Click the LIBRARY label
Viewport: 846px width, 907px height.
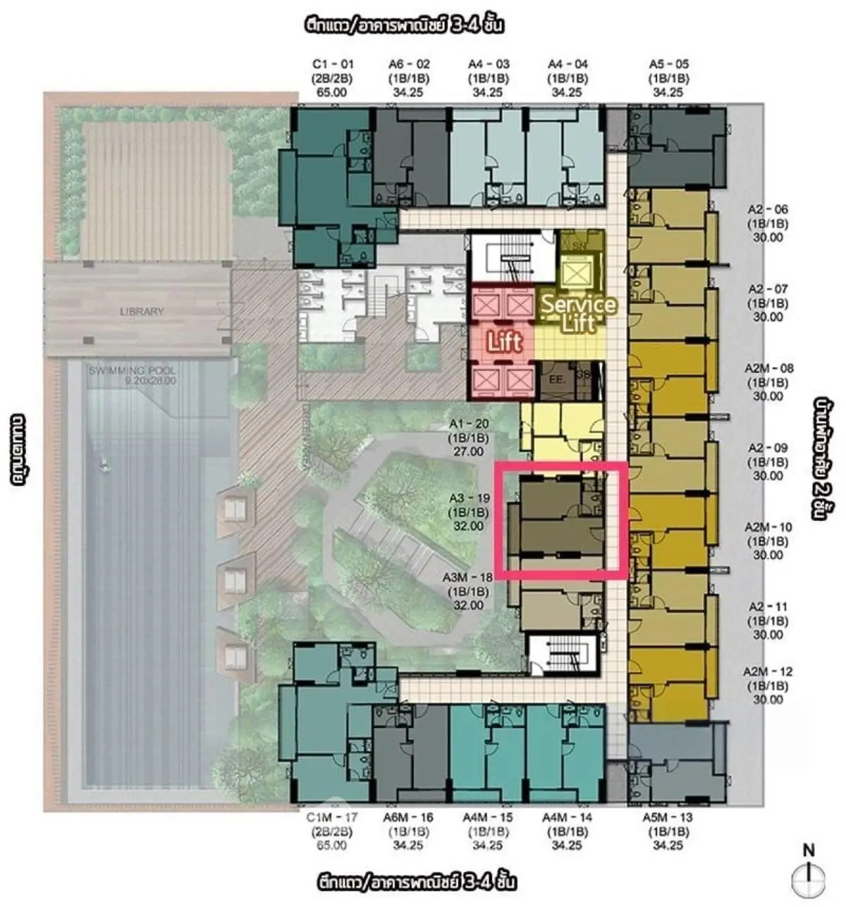point(142,311)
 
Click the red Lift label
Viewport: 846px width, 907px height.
point(505,342)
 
